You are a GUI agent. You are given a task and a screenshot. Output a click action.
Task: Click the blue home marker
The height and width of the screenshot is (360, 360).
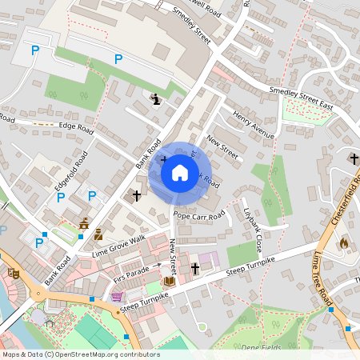[179, 172]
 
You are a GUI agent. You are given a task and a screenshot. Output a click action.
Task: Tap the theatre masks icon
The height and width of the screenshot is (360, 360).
[13, 273]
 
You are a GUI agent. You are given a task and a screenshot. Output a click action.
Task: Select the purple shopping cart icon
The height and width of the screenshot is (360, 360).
[117, 296]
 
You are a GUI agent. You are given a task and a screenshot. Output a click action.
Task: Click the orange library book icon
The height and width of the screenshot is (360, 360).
[169, 281]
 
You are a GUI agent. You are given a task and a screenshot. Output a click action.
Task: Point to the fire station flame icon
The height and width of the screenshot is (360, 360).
[344, 242]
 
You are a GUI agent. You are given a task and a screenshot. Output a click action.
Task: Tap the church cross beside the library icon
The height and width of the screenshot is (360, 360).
[194, 270]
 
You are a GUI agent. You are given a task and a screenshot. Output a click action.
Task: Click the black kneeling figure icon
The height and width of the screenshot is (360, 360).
[155, 98]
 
